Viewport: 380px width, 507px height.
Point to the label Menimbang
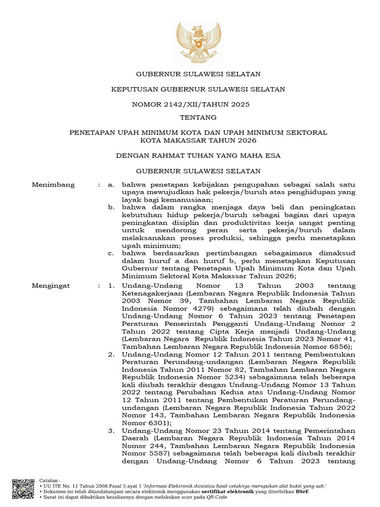pos(53,185)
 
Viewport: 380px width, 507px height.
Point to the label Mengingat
pos(51,286)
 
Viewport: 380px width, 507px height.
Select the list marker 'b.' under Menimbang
pos(112,206)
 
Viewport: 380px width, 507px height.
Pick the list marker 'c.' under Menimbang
pos(111,253)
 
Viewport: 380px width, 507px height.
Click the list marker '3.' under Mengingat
pos(112,431)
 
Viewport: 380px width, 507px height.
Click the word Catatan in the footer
pos(49,480)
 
